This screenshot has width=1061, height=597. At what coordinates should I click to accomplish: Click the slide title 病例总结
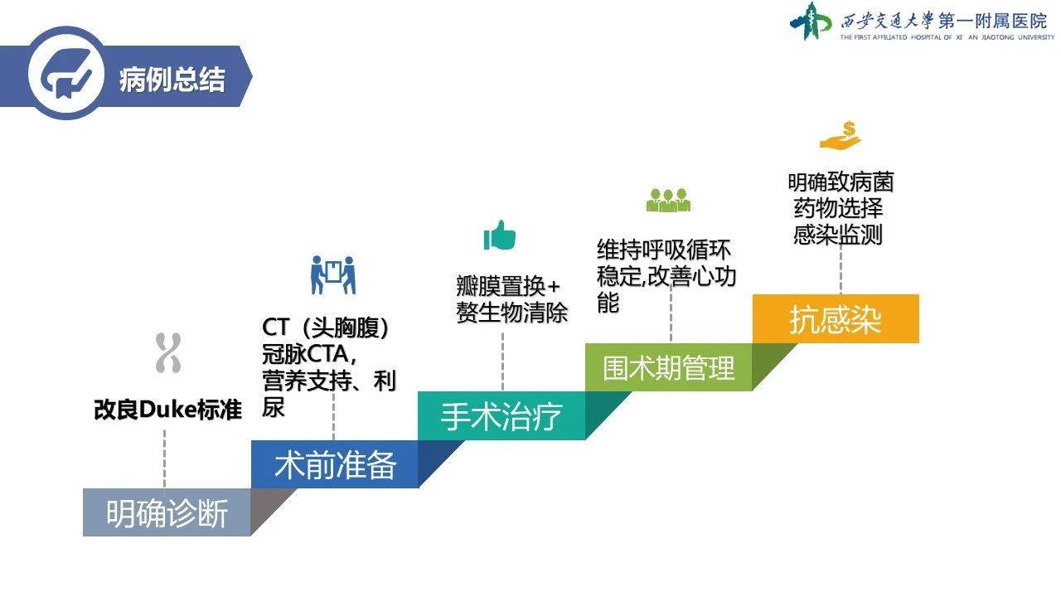pos(172,79)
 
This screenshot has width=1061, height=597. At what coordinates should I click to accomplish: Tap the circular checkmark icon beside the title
pos(66,74)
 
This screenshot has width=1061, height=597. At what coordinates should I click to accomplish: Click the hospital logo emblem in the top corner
pos(811,22)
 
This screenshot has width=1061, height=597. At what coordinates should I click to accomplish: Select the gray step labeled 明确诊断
pos(167,512)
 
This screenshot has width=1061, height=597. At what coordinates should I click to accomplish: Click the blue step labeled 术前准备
pos(334,464)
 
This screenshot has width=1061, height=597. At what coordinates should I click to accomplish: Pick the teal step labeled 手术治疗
pos(501,415)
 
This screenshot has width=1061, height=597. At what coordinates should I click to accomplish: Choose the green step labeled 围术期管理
pos(668,367)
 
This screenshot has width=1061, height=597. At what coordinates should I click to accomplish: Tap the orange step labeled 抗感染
pos(836,318)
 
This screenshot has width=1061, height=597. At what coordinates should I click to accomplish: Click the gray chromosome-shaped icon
pos(168,353)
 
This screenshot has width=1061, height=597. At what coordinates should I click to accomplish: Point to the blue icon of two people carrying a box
pos(333,274)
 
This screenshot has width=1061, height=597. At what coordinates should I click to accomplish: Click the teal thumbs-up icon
pos(499,235)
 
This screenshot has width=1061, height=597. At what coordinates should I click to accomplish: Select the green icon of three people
pos(668,201)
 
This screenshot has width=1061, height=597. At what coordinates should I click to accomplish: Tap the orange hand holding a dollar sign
pos(841,136)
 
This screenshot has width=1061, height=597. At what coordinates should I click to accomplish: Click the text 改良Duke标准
pos(168,410)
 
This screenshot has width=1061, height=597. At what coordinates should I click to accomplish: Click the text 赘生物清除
pos(511,313)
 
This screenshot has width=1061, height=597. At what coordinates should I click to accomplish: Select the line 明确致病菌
pos(841,182)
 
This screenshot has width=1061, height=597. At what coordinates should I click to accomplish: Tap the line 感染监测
pos(838,235)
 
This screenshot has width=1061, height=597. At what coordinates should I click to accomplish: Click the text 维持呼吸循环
pos(664,250)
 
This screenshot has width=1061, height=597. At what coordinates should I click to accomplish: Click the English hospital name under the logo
pos(947,37)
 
